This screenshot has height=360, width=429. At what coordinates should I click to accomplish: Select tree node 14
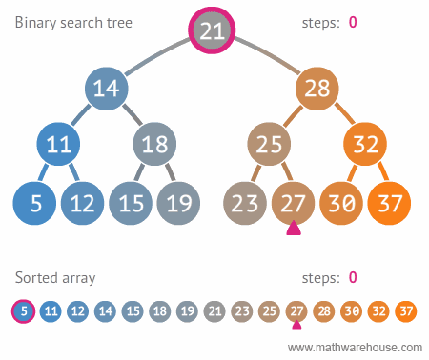[107, 89]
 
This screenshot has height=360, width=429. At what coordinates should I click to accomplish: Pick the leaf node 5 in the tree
[34, 203]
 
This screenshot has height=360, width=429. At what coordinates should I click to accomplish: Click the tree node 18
[154, 146]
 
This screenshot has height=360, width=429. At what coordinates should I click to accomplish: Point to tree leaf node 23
[245, 203]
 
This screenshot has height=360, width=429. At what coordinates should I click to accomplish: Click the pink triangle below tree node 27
[294, 228]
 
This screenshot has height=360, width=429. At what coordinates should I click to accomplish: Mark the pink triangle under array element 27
[296, 325]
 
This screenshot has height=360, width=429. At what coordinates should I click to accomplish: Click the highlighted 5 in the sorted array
[23, 310]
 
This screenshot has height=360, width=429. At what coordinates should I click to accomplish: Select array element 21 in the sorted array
[214, 310]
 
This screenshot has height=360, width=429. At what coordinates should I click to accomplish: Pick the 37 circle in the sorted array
[406, 310]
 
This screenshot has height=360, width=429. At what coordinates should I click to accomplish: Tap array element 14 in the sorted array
[105, 310]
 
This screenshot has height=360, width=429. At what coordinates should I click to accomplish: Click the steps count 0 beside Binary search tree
[353, 21]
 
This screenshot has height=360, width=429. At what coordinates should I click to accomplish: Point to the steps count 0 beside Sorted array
[353, 278]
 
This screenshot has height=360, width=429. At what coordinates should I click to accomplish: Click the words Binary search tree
[73, 21]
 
